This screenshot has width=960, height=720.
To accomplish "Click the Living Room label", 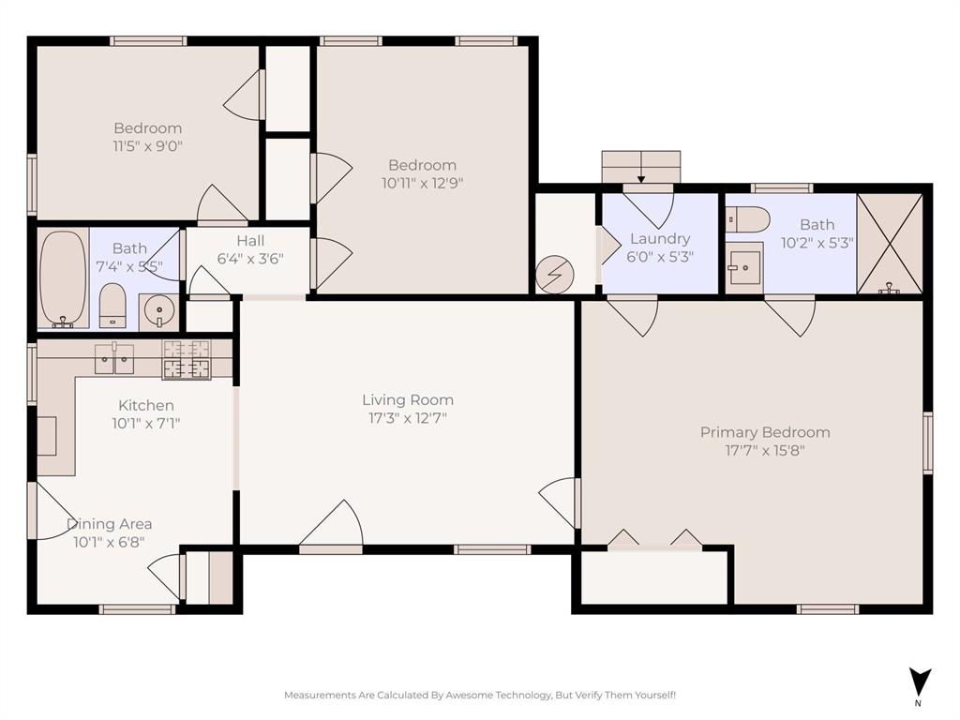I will tap(408, 400).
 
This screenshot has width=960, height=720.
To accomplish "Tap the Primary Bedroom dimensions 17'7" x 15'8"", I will tap(765, 450).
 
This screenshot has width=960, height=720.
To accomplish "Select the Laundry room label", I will tap(660, 239).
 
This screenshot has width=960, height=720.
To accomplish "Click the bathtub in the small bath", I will tap(63, 278).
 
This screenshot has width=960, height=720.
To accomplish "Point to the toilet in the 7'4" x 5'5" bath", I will tap(112, 306).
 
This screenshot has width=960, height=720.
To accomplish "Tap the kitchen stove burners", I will tap(187, 360).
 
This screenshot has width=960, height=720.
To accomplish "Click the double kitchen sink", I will tap(114, 357).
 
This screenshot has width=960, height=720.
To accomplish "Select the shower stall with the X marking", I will tap(890, 243).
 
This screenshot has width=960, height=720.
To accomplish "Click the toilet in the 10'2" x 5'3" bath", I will tap(748, 219).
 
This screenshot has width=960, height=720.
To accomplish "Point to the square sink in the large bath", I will tap(744, 268).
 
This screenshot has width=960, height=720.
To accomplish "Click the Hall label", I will tap(249, 241).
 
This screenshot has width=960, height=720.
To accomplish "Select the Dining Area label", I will tap(109, 524).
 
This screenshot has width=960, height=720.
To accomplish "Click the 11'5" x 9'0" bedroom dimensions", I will tap(148, 146).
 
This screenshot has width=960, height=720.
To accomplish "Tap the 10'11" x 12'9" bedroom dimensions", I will tap(423, 183).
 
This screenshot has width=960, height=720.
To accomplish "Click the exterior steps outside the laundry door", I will tap(641, 167).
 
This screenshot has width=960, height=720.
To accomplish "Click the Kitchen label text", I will tap(145, 405).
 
